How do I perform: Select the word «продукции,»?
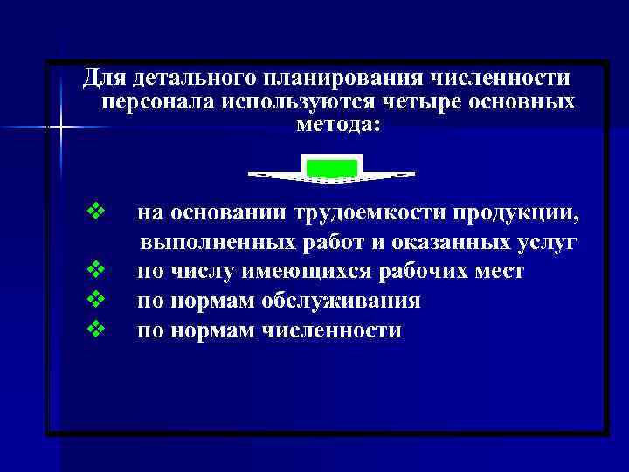coord(515,212)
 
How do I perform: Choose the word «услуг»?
coord(546,242)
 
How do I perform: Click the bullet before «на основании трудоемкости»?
coord(96,212)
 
